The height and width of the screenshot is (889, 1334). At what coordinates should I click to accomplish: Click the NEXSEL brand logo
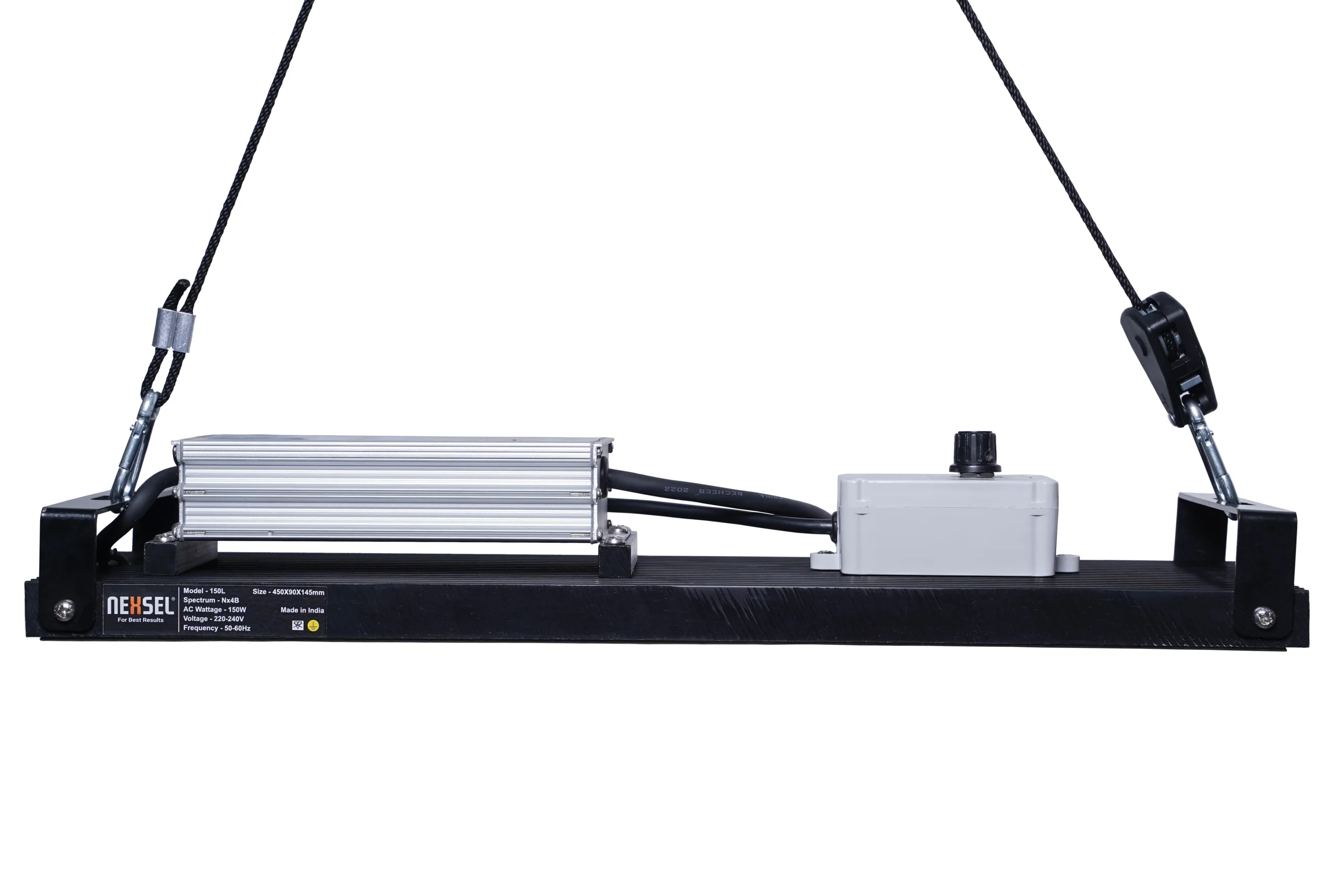click(x=140, y=606)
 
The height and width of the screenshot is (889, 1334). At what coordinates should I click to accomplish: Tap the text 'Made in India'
click(x=302, y=610)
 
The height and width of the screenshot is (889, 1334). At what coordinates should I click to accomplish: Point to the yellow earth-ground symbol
click(x=313, y=625)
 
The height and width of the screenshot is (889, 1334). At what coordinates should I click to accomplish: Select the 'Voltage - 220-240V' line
click(x=213, y=619)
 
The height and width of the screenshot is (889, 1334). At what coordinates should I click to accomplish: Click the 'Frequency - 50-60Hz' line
click(x=217, y=628)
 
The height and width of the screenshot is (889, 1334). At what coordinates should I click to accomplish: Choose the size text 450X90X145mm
click(x=289, y=592)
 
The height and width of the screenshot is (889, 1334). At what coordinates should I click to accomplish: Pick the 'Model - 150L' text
click(x=204, y=591)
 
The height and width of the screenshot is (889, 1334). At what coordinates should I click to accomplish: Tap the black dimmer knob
click(x=975, y=452)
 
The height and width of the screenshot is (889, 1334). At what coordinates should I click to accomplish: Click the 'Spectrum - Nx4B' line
click(x=211, y=600)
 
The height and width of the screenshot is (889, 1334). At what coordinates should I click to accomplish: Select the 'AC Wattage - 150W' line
click(x=214, y=609)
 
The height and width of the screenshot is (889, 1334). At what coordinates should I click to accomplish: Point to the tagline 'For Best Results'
click(x=140, y=620)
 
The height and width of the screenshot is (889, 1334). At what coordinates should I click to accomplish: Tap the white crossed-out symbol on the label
click(x=298, y=625)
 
